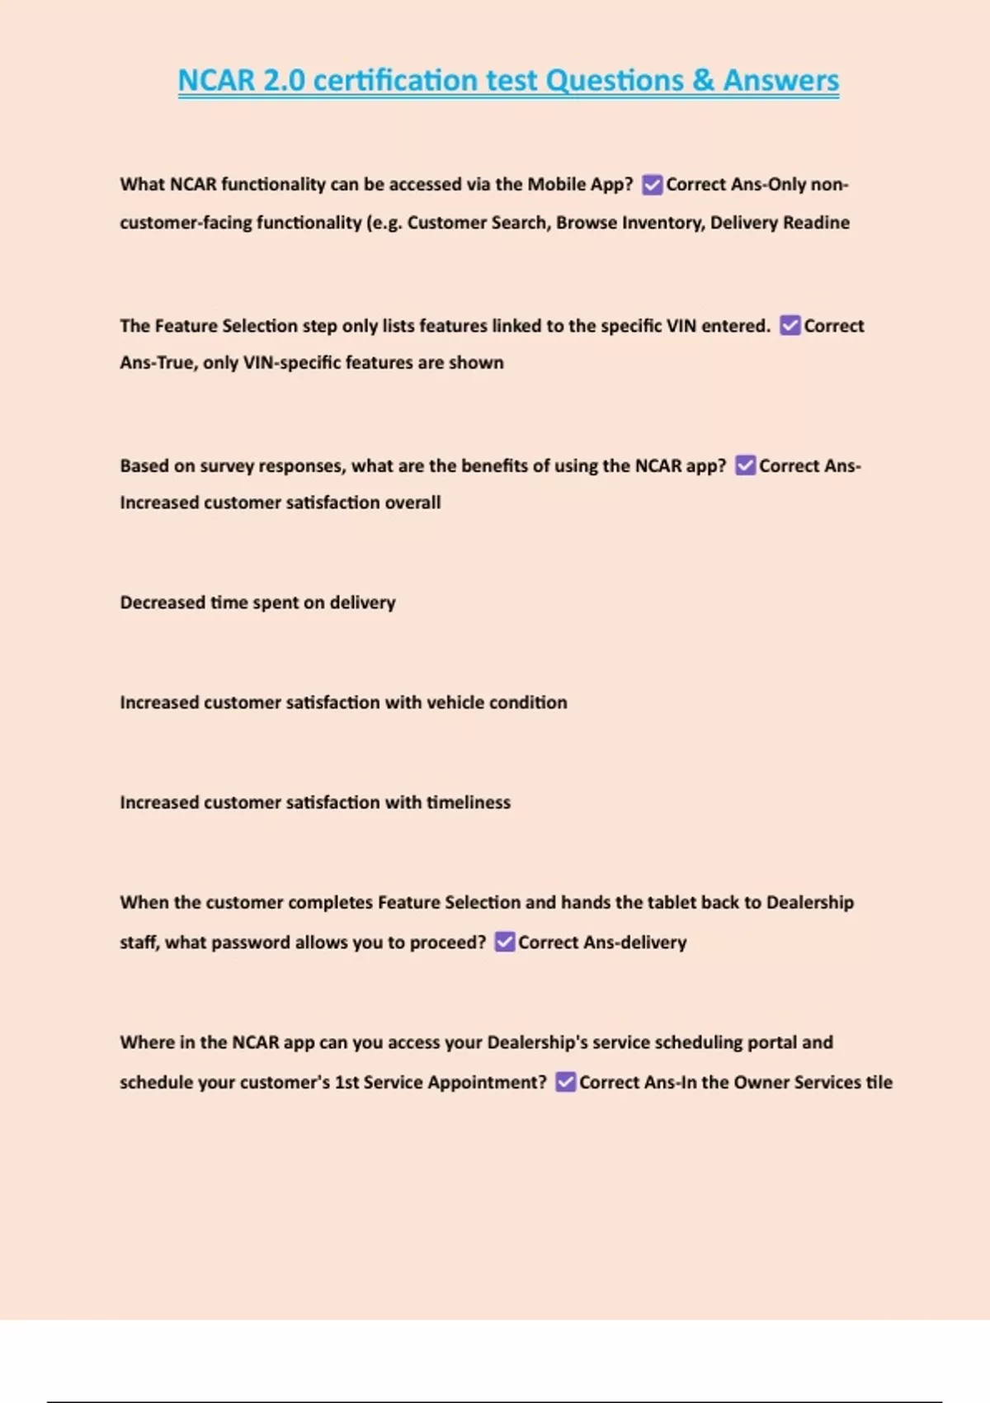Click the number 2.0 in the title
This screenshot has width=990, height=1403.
(x=284, y=81)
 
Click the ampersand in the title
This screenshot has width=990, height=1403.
(x=704, y=81)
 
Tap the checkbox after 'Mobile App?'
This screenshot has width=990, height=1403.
(x=652, y=185)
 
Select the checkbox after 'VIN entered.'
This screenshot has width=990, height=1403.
(x=790, y=325)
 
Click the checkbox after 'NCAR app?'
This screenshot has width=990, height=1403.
(x=745, y=465)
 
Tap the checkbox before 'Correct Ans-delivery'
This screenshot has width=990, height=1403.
(x=504, y=942)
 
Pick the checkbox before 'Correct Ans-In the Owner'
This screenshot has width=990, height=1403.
(x=565, y=1082)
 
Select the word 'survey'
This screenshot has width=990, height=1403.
(x=227, y=466)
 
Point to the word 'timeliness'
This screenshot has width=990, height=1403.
(x=468, y=802)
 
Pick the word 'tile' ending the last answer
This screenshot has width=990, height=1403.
(x=879, y=1082)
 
